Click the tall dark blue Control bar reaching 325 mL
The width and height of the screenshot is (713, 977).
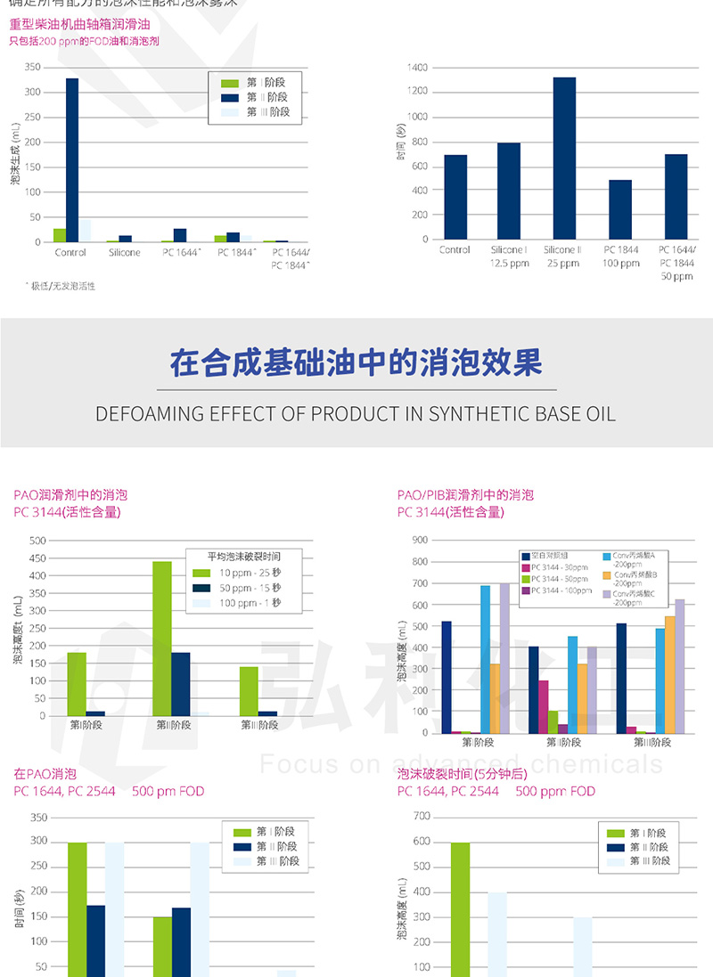(x=72, y=160)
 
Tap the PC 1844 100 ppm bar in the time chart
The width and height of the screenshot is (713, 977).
(x=620, y=209)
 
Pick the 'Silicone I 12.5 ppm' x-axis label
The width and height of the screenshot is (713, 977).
(x=509, y=256)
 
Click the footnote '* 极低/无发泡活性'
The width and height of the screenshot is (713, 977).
(x=61, y=286)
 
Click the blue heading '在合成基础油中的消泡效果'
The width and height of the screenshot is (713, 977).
(x=356, y=364)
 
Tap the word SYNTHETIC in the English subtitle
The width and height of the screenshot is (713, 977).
(x=474, y=414)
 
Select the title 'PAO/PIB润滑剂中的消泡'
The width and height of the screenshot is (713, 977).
(x=465, y=494)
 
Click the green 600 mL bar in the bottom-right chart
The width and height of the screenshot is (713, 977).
(x=460, y=908)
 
